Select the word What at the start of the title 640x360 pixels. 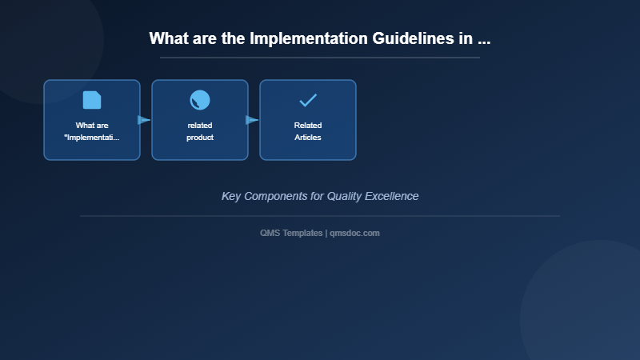tap(167, 38)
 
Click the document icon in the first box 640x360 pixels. tap(92, 100)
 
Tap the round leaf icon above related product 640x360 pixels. tap(200, 100)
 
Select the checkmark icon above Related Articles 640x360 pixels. tap(308, 100)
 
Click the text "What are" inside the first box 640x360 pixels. tap(92, 126)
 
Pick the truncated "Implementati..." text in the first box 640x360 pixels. tap(92, 138)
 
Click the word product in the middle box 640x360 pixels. tap(200, 138)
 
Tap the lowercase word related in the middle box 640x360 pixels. tap(200, 126)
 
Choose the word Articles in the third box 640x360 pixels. tap(308, 138)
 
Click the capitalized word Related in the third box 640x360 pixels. tap(308, 126)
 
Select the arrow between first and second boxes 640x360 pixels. tap(144, 120)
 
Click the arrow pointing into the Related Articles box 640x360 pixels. tap(252, 120)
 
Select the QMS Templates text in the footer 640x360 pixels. tap(291, 233)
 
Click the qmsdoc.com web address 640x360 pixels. tap(354, 233)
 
